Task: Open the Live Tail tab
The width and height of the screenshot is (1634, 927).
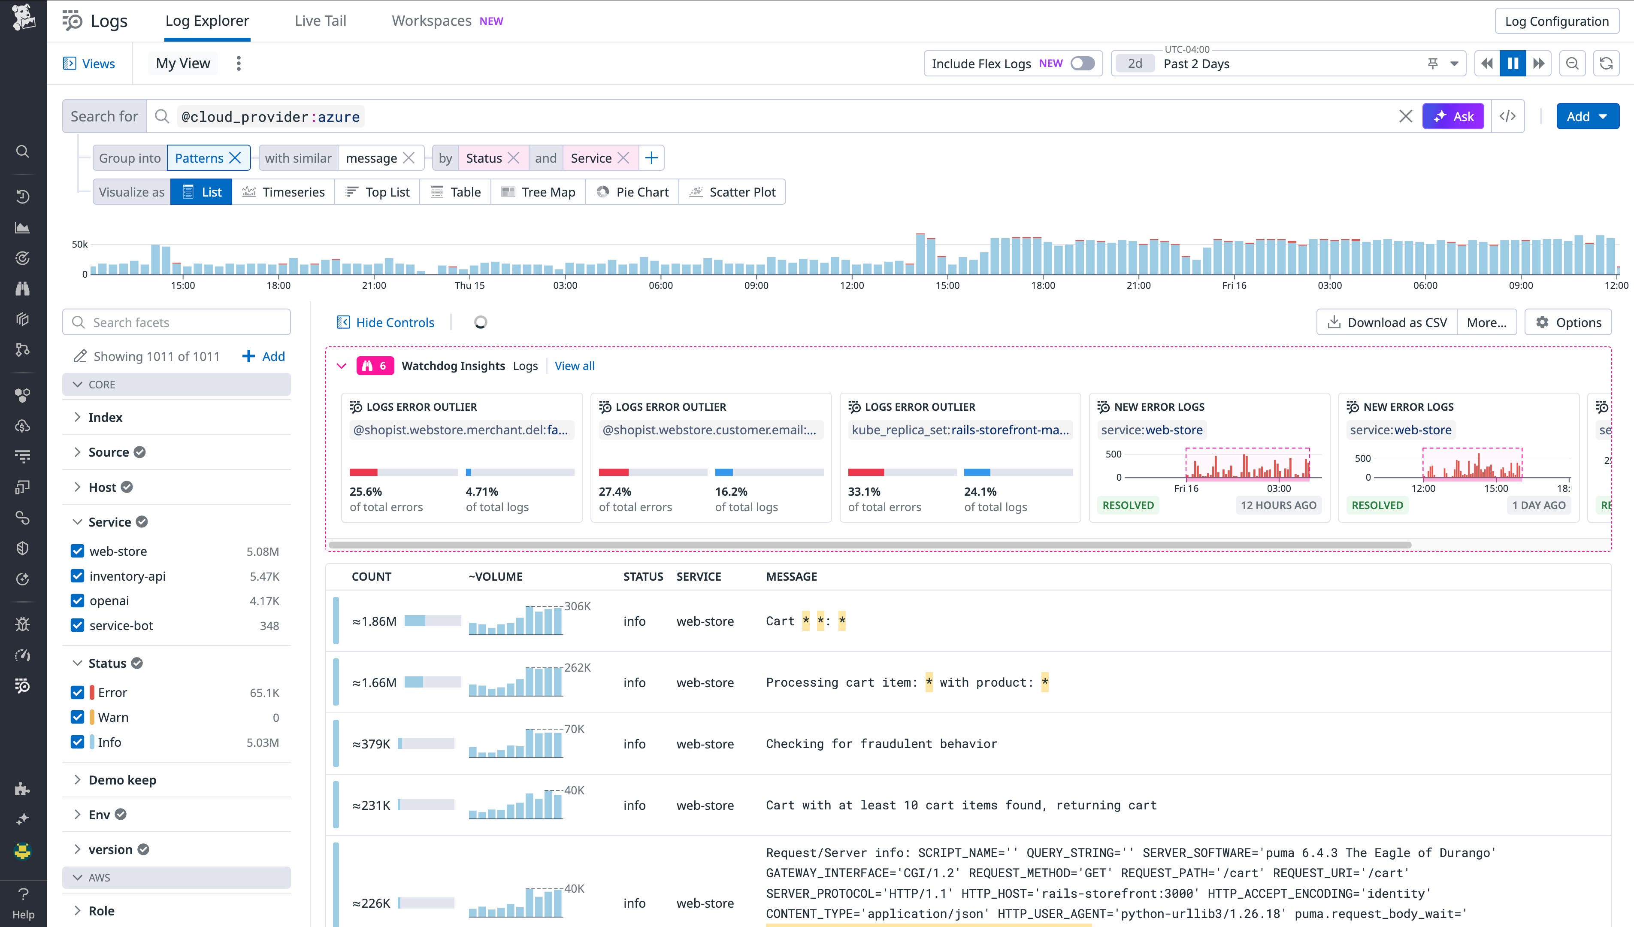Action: pos(320,21)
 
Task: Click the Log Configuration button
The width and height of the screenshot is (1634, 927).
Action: pos(1556,21)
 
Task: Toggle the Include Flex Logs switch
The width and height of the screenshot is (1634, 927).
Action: pos(1082,64)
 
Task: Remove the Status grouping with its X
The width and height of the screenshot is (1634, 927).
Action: pos(514,158)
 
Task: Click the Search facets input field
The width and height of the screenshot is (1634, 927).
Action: pos(177,322)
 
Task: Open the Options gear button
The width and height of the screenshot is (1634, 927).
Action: pos(1568,322)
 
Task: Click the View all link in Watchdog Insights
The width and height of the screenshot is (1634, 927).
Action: pos(574,366)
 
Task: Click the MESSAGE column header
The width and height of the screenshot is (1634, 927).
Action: pos(791,577)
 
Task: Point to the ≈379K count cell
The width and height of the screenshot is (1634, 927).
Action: pos(371,744)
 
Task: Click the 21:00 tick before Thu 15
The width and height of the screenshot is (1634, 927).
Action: pos(374,285)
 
